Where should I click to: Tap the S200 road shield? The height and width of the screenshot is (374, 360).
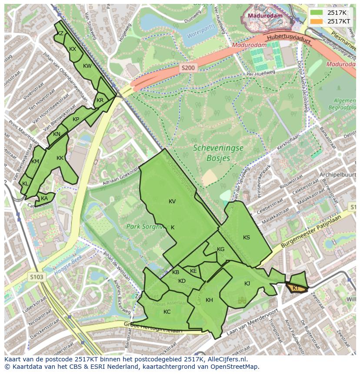click(189, 68)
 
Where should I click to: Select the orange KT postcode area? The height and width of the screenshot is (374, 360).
click(296, 288)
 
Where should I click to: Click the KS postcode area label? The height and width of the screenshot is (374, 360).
click(247, 238)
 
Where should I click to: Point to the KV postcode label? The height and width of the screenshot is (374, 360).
click(172, 202)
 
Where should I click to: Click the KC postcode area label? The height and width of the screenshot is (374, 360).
click(167, 312)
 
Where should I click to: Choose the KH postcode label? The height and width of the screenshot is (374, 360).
click(209, 300)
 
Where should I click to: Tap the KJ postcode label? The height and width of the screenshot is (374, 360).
click(247, 284)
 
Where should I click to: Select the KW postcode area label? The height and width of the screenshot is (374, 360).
click(87, 66)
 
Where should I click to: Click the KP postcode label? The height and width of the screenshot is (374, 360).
click(76, 119)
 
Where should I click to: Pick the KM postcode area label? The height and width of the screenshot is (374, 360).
click(36, 162)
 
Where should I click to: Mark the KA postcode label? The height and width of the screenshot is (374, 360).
click(44, 199)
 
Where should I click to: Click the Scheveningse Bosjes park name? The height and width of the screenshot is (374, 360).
click(218, 153)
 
